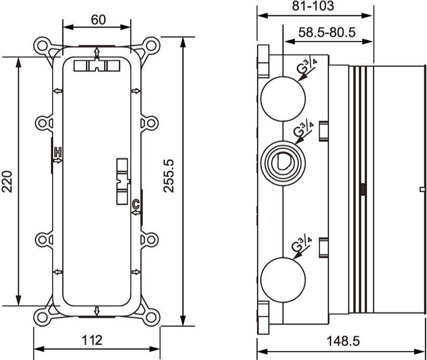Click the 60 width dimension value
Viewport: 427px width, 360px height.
coord(99,20)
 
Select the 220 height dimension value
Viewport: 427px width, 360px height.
coord(7,182)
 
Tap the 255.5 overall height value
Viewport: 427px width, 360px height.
coord(169,176)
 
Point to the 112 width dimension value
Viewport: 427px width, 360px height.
coord(92,340)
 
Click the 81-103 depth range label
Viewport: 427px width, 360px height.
coord(313,6)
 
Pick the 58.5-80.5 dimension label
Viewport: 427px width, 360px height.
coord(327,32)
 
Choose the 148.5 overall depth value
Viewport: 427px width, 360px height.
coord(343,341)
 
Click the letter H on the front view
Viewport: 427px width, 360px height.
coord(58,152)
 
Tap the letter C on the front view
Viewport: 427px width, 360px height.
coord(136,204)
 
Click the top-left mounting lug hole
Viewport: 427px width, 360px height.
coord(42,45)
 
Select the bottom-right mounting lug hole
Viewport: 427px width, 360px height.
coord(151,317)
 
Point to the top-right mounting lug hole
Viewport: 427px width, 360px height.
coord(151,45)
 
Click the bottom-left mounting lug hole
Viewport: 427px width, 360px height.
coord(42,317)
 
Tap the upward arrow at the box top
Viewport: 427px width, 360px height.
coord(96,53)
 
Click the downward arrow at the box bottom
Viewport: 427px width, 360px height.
coord(96,311)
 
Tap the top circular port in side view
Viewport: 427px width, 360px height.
coord(283,99)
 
